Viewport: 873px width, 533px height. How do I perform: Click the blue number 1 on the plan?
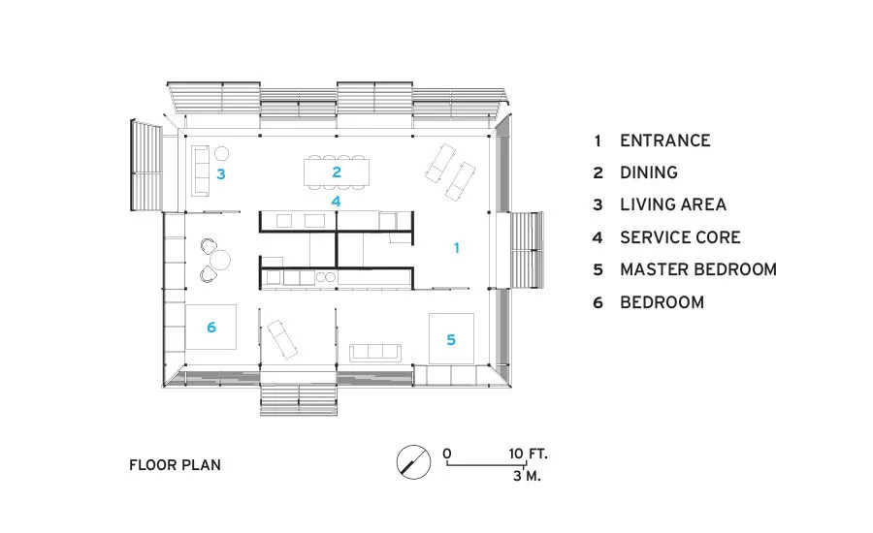coord(457,247)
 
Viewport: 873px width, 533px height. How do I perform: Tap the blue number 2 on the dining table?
coord(337,172)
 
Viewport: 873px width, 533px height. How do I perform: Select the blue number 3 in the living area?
coord(221,174)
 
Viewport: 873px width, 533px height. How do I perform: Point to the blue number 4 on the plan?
coord(336,201)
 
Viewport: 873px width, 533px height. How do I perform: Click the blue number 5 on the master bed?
coord(451,340)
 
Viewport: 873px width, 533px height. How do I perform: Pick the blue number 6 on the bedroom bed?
coord(211,328)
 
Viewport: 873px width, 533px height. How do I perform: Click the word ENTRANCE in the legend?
coord(665,141)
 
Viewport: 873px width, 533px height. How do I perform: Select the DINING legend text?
coord(649,172)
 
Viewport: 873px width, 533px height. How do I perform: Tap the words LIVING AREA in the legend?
coord(673,204)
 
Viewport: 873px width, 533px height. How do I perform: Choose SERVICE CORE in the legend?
coord(680,237)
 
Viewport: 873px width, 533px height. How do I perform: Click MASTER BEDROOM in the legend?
coord(698,269)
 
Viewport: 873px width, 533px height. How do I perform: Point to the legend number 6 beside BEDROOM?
coord(598,302)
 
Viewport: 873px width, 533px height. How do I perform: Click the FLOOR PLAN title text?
coord(175,465)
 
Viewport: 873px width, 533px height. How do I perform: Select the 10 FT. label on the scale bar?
coord(528,454)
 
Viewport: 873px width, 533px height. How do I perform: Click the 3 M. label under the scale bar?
coord(527,476)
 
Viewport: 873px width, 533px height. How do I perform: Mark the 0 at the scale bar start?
coord(447,454)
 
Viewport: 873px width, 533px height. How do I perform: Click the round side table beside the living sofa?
coord(221,153)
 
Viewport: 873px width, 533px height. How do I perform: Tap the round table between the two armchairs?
coord(220,261)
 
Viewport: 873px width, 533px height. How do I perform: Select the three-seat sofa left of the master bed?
coord(375,353)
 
